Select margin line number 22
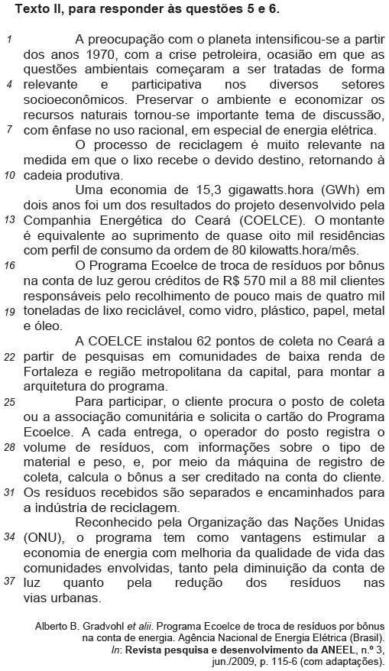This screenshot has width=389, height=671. tap(8, 356)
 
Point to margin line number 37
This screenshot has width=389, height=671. tap(8, 582)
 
